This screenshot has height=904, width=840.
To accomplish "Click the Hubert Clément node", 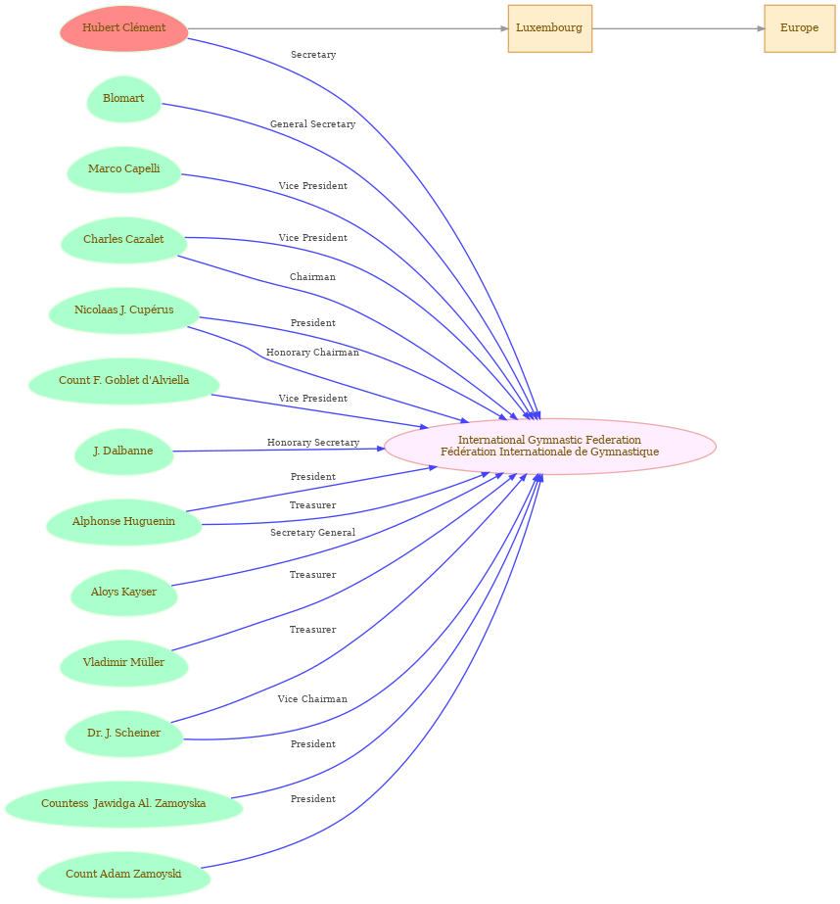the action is pyautogui.click(x=124, y=28).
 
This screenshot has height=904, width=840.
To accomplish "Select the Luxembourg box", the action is pyautogui.click(x=549, y=28).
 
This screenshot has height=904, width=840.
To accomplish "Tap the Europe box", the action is pyautogui.click(x=799, y=28).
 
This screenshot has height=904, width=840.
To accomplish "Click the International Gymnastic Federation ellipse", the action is pyautogui.click(x=549, y=447).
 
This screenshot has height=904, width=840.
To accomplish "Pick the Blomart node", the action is pyautogui.click(x=124, y=99).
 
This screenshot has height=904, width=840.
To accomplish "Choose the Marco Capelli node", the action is pyautogui.click(x=124, y=168).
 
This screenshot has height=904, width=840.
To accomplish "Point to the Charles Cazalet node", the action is pyautogui.click(x=124, y=239).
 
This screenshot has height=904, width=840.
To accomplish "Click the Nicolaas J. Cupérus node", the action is pyautogui.click(x=124, y=310).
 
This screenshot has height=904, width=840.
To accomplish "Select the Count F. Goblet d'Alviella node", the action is pyautogui.click(x=124, y=381).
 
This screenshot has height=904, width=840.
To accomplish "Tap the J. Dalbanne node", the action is pyautogui.click(x=124, y=451).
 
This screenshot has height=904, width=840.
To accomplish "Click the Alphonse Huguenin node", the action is pyautogui.click(x=124, y=522).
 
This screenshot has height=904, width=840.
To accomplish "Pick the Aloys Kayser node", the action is pyautogui.click(x=124, y=593).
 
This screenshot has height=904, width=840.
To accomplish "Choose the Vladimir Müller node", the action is pyautogui.click(x=124, y=662).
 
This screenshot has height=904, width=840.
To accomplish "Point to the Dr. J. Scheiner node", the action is pyautogui.click(x=124, y=734).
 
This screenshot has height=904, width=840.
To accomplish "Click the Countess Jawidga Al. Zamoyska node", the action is pyautogui.click(x=124, y=804).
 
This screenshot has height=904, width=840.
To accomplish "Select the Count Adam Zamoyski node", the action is pyautogui.click(x=124, y=874).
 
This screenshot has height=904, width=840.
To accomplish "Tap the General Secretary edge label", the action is pyautogui.click(x=313, y=124).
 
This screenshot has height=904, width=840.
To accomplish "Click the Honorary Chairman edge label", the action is pyautogui.click(x=313, y=353).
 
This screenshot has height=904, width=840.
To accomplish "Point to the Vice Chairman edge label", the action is pyautogui.click(x=313, y=698).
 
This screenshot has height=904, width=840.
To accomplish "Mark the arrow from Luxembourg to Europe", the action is pyautogui.click(x=678, y=28).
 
